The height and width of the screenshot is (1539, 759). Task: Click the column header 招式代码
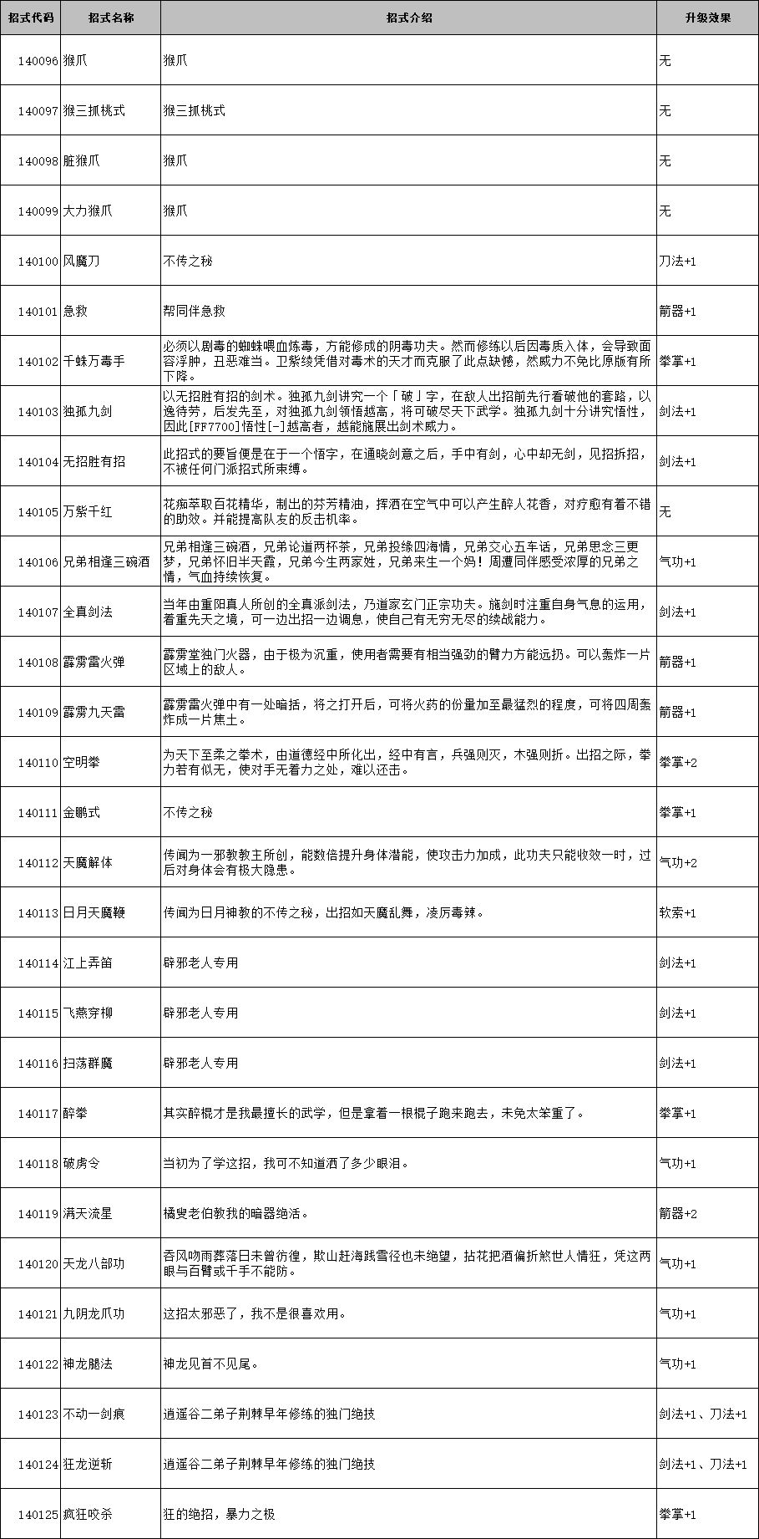[x=31, y=18]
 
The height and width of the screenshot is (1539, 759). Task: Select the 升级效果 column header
[x=707, y=18]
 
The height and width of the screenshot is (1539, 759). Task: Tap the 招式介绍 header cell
[x=408, y=18]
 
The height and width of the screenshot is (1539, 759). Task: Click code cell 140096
[x=38, y=61]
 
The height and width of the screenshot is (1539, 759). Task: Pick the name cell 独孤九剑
[x=88, y=412]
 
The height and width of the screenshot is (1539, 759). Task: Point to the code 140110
[x=38, y=763]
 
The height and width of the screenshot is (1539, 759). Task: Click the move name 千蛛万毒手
[x=94, y=362]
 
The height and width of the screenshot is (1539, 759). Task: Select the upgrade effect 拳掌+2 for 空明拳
[x=678, y=763]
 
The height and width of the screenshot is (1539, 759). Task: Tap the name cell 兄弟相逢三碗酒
[x=107, y=562]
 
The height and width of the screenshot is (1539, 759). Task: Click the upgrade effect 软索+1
[x=678, y=913]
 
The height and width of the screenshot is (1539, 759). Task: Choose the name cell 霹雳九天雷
[x=94, y=713]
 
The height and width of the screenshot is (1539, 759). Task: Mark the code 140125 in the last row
[x=38, y=1515]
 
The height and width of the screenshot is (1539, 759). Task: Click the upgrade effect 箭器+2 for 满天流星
[x=678, y=1214]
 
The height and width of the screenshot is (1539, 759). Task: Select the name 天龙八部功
[x=94, y=1264]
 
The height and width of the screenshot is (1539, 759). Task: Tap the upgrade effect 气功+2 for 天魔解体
[x=678, y=863]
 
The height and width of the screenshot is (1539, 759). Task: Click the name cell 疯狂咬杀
[x=88, y=1515]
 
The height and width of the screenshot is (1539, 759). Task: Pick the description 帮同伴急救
[x=195, y=312]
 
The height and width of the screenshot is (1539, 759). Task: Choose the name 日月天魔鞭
[x=94, y=913]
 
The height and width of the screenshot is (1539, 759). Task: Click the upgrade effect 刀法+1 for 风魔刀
[x=678, y=262]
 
